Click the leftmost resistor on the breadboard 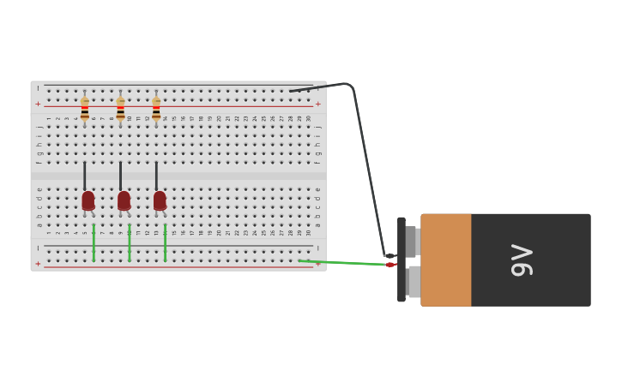tap(85, 110)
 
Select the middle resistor tap(120, 110)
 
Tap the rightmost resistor tap(156, 110)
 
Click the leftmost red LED tap(88, 200)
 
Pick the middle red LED tap(124, 200)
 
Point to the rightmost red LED tap(160, 200)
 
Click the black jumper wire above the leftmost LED tap(85, 176)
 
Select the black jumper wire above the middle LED tap(120, 176)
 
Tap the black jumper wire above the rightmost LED tap(156, 176)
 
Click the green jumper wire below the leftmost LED tap(94, 242)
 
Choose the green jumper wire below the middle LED tap(130, 242)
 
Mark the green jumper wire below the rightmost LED tap(165, 242)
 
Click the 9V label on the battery tap(522, 260)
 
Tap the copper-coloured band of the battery tap(445, 260)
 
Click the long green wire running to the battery tap(343, 263)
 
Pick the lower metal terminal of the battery tap(414, 282)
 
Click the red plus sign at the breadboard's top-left tap(38, 104)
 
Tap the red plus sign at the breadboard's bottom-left tap(38, 264)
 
